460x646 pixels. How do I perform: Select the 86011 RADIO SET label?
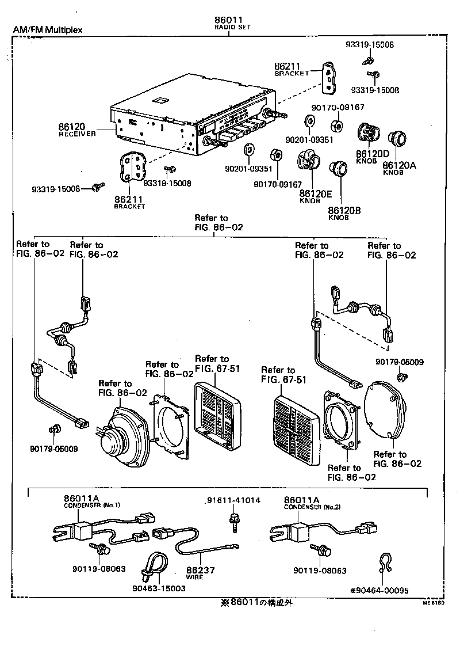[x=228, y=22]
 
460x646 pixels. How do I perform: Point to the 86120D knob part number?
[x=372, y=154]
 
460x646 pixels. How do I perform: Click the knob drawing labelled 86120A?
[x=397, y=139]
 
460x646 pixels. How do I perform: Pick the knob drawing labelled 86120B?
[x=339, y=169]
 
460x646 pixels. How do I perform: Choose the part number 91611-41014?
[x=234, y=500]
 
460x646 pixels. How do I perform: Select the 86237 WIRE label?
[x=201, y=571]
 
